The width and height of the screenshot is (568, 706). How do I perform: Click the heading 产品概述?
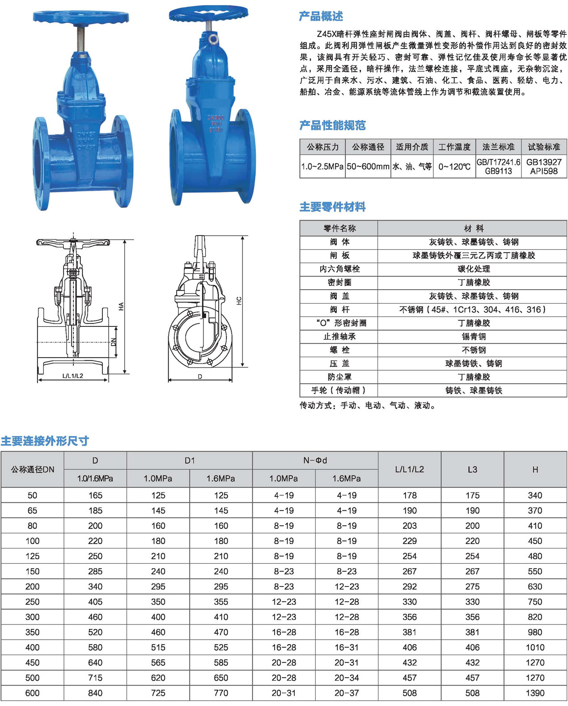pyautogui.click(x=321, y=16)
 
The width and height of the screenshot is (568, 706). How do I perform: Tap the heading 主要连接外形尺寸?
pyautogui.click(x=45, y=441)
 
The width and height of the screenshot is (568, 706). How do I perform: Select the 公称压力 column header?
pyautogui.click(x=322, y=147)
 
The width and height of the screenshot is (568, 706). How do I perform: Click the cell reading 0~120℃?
pyautogui.click(x=454, y=167)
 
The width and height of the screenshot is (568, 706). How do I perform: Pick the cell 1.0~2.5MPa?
pyautogui.click(x=322, y=167)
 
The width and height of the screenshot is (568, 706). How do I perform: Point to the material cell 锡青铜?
pyautogui.click(x=474, y=336)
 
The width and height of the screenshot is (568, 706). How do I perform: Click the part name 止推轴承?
pyautogui.click(x=339, y=336)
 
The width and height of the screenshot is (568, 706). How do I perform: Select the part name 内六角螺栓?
pyautogui.click(x=339, y=269)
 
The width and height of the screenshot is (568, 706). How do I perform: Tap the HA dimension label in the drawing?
pyautogui.click(x=121, y=306)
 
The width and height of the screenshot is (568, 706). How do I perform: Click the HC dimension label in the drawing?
pyautogui.click(x=239, y=301)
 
